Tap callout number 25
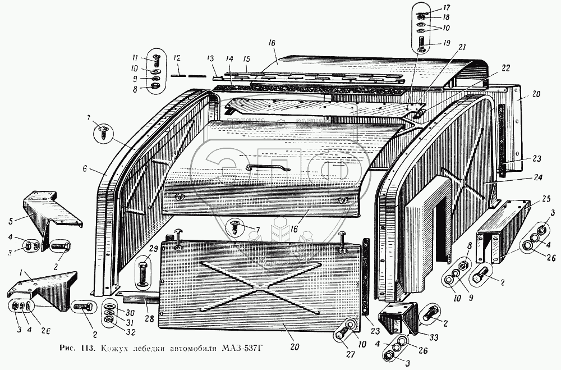tap(531, 200)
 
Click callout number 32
tap(130, 331)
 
